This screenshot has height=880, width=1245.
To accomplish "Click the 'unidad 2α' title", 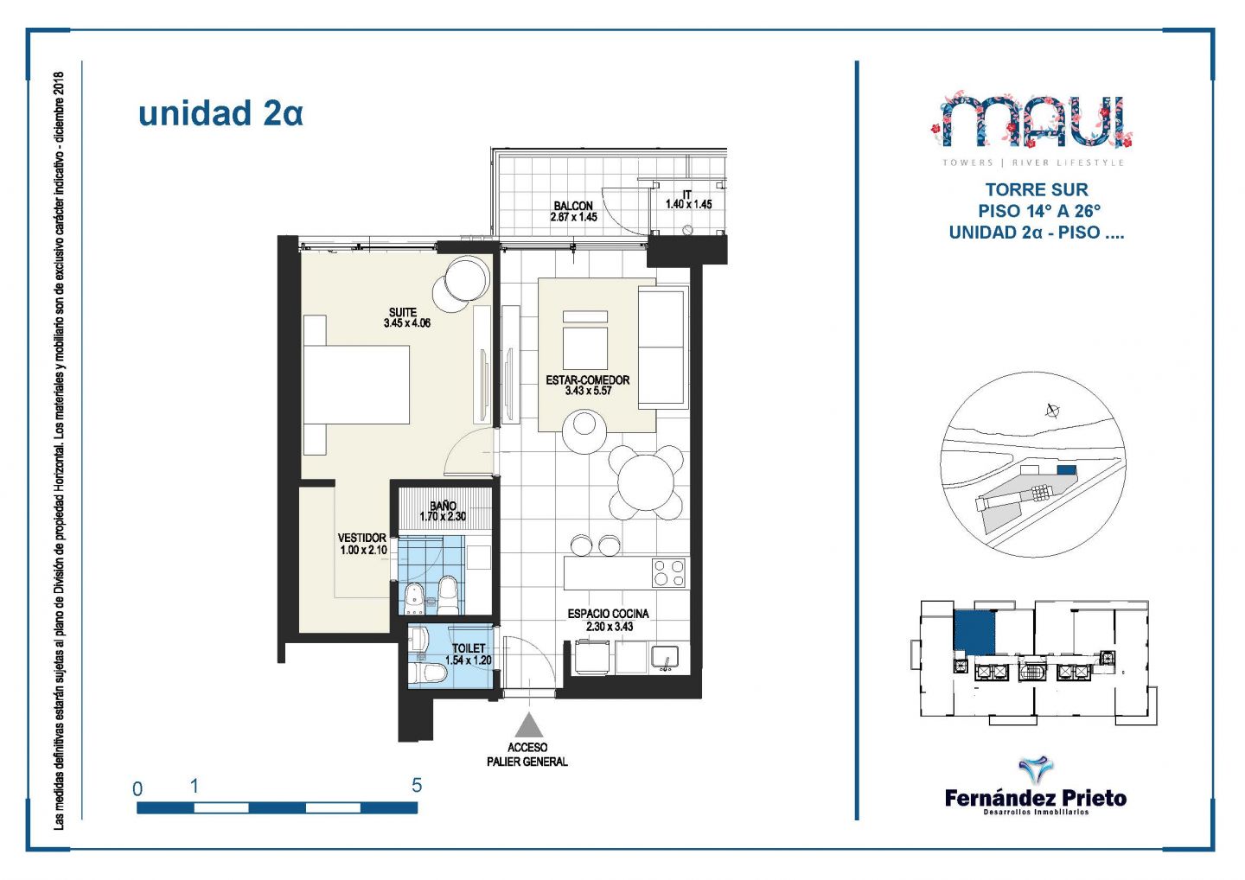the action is (x=220, y=113).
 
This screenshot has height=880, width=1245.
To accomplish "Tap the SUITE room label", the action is (x=403, y=312).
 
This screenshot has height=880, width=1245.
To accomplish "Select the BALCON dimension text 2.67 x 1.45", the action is (x=573, y=217).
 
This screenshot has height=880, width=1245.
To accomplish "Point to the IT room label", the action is (x=687, y=194).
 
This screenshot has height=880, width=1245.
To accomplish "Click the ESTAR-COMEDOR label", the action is (x=588, y=380).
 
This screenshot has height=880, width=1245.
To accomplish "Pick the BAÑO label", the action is (x=443, y=506).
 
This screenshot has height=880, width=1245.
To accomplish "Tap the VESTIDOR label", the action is (x=361, y=538).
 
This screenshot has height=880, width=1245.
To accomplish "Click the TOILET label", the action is (x=469, y=648).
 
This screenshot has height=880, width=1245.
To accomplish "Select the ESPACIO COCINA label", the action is (x=608, y=614).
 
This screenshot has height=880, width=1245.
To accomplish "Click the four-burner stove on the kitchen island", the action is (x=668, y=573).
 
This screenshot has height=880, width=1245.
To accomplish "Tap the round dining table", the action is (x=646, y=482).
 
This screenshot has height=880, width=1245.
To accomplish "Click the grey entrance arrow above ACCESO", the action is (x=528, y=725).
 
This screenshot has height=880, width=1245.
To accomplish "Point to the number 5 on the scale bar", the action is (x=417, y=785).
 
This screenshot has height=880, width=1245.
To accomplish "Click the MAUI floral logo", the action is (x=1032, y=120).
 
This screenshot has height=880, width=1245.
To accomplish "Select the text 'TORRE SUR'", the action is (x=1037, y=189).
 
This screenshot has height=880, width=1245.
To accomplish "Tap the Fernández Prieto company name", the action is (x=1036, y=799).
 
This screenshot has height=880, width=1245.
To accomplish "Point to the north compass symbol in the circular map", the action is (x=1052, y=411).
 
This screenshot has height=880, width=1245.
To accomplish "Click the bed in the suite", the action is (x=356, y=385).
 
